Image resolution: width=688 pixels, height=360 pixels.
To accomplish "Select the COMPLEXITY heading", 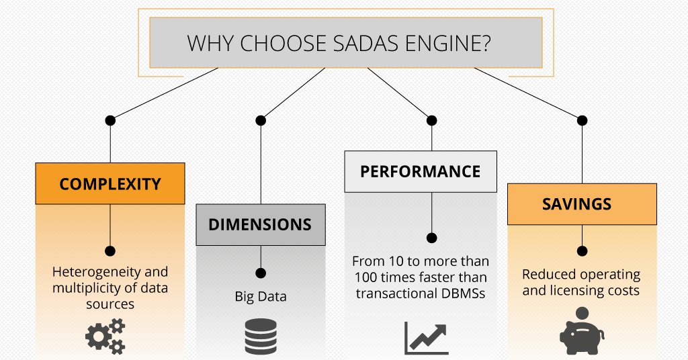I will [x=110, y=184].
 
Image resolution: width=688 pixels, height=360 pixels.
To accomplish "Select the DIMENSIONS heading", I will [x=260, y=224].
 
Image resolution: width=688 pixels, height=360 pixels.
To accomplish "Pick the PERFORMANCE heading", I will [x=421, y=171].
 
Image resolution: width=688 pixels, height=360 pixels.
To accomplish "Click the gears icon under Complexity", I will [x=105, y=337].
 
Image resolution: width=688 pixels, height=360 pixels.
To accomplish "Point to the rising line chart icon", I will [x=426, y=339].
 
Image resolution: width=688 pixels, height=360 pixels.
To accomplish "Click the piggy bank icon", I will [x=581, y=332].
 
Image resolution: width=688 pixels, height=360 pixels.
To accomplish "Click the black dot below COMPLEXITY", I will [x=110, y=251].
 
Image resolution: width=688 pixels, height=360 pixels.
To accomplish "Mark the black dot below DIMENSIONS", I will [x=261, y=273].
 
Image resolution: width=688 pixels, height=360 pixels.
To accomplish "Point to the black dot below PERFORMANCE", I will [x=432, y=238].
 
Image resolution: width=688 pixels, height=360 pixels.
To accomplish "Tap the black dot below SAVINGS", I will [x=583, y=251].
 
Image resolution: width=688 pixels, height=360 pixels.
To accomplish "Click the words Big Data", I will [x=261, y=296].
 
